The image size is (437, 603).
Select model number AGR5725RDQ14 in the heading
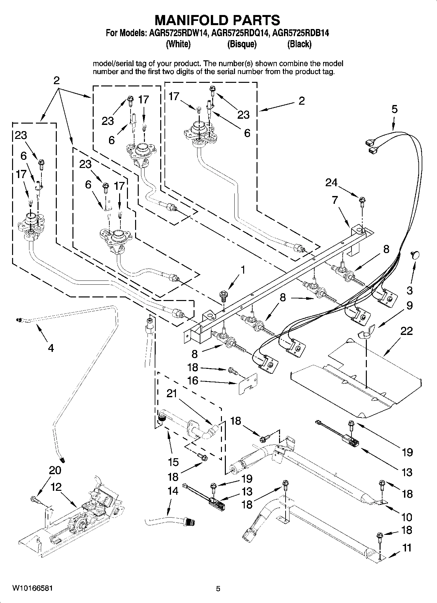click(239, 33)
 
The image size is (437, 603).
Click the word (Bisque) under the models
click(242, 44)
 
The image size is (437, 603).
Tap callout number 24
click(331, 183)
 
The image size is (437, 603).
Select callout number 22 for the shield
click(406, 331)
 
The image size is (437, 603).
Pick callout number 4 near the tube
click(51, 348)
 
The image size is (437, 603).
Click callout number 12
click(56, 487)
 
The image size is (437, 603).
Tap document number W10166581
click(32, 588)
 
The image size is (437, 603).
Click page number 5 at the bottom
click(218, 589)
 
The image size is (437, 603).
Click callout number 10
click(407, 517)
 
